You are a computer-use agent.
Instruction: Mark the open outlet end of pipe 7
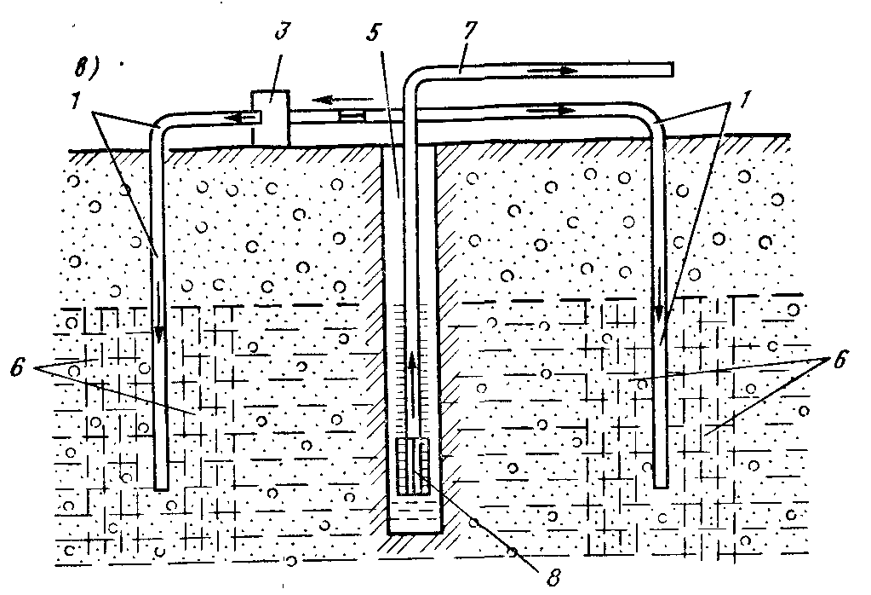pyautogui.click(x=670, y=69)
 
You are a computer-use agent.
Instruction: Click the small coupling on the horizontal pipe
pyautogui.click(x=352, y=113)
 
